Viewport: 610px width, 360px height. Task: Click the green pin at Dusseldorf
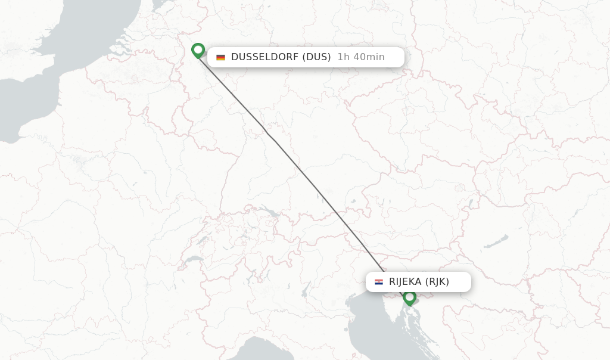pos(198,51)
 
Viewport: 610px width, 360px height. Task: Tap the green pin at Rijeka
pos(409,297)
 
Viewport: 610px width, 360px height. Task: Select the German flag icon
pos(220,57)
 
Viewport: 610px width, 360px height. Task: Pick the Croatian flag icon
pos(379,282)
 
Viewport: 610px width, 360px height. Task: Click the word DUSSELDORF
pos(264,57)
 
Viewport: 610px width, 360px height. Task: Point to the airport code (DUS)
pos(316,57)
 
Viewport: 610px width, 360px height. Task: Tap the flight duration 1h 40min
pos(361,57)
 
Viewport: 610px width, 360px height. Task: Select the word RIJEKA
pos(405,282)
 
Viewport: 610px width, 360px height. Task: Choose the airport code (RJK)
pos(437,282)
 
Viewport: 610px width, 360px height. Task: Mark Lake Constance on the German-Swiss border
pos(269,213)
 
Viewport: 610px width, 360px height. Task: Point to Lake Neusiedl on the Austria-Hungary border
pos(471,205)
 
